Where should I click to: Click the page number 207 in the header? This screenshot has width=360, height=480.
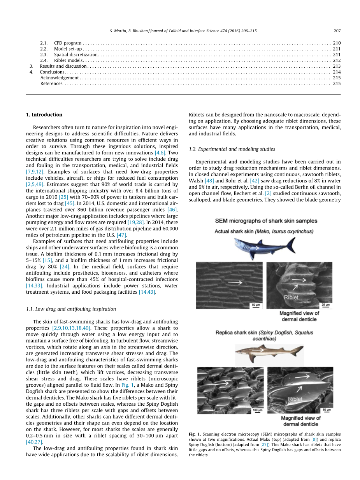[337, 31]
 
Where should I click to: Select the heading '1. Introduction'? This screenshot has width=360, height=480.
[44, 115]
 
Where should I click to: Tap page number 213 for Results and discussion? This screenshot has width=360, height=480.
[337, 66]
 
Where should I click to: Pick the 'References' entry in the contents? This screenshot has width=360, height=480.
[51, 84]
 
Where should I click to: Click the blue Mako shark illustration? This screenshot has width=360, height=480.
[264, 246]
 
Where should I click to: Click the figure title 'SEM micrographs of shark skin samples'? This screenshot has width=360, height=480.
[266, 221]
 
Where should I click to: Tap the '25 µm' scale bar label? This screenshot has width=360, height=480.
[325, 305]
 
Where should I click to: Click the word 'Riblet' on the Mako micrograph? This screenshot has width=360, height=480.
[291, 297]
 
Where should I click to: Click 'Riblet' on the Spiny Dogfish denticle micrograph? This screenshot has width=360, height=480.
[295, 399]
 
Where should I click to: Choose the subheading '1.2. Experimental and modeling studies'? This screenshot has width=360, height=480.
[232, 149]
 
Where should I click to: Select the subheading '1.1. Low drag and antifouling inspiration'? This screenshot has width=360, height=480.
[71, 309]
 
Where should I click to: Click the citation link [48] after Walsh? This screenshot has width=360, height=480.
[209, 181]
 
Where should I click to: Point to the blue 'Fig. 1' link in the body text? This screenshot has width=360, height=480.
[127, 385]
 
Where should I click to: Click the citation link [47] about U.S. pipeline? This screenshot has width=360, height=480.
[122, 235]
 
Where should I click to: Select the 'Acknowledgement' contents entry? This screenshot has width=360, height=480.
[60, 78]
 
